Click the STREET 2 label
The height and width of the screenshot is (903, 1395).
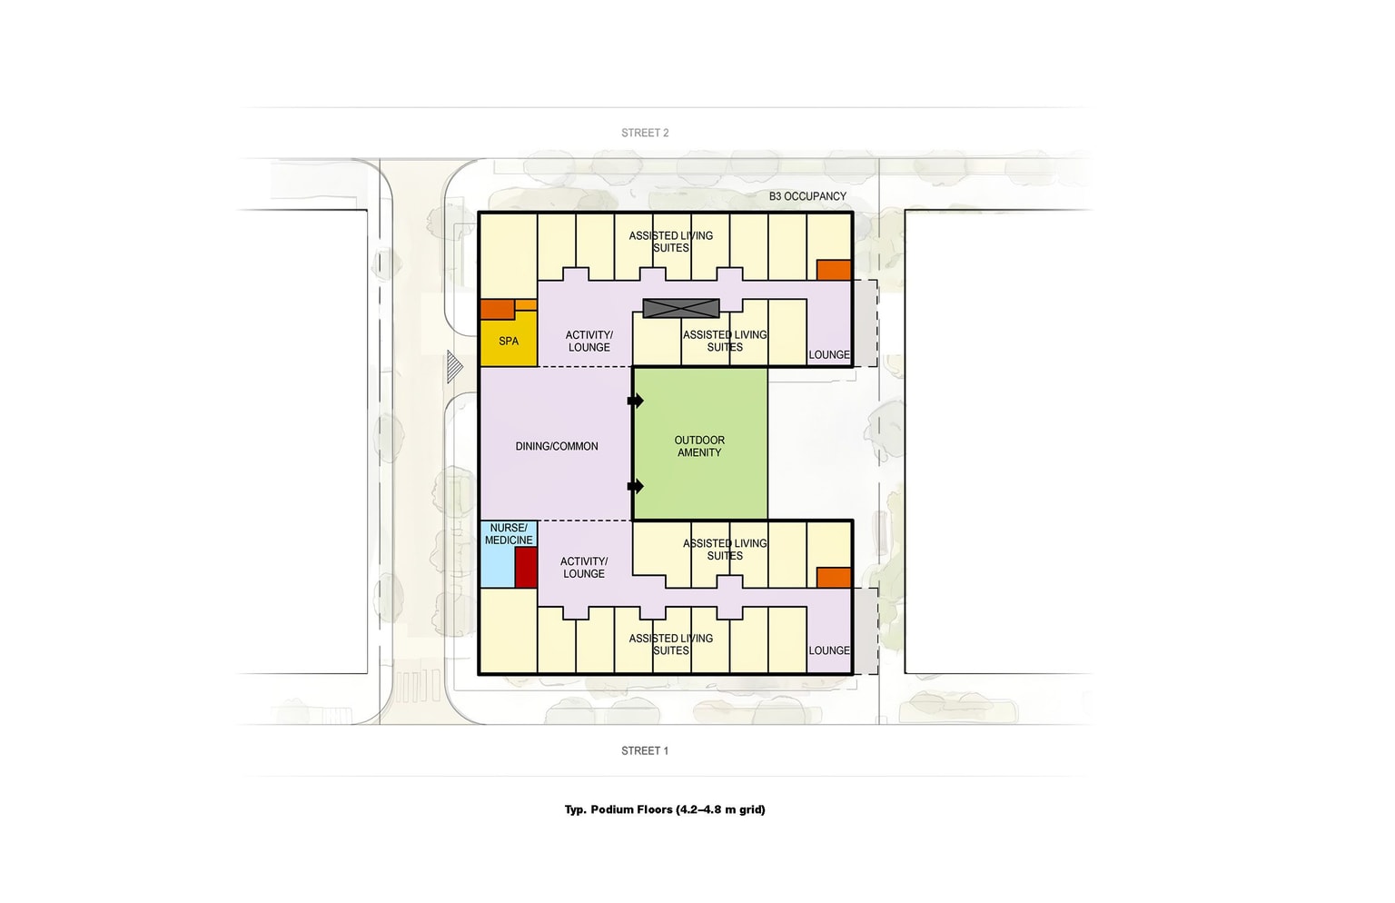pos(645,133)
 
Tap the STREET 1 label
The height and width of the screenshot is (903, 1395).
pos(645,751)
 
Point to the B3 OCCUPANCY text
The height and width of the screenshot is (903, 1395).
pos(807,196)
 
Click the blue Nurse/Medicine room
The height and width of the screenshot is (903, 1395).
pos(499,554)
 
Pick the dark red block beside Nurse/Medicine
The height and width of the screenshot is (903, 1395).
pos(526,568)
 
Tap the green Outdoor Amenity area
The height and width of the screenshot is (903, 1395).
pos(700,443)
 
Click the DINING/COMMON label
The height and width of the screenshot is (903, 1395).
pos(557,447)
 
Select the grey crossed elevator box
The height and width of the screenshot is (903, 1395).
pos(681,308)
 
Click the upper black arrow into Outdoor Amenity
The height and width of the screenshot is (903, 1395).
pos(636,401)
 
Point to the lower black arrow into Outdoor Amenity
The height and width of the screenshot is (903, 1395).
pos(636,486)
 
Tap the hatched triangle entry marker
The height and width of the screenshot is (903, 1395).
pos(455,367)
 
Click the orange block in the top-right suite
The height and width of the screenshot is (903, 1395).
pos(834,271)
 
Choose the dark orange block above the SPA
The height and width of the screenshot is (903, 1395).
pos(498,310)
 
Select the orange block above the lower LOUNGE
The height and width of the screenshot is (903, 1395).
pos(834,578)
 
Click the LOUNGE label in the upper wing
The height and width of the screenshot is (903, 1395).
pos(829,355)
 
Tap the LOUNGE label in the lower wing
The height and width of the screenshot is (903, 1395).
pos(829,650)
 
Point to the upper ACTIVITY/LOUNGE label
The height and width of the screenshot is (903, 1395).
pos(589,342)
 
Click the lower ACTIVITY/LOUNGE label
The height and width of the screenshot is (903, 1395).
pos(584,568)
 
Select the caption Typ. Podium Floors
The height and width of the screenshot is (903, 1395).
pos(665,809)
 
